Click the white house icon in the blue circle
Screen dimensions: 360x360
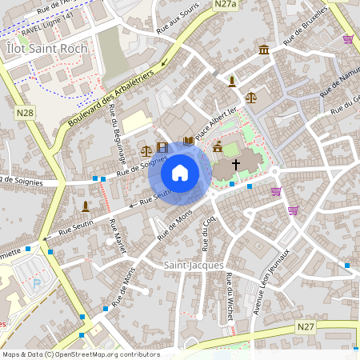[x=180, y=173]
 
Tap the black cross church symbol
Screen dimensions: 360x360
[x=235, y=164]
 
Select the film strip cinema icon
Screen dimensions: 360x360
[x=163, y=147]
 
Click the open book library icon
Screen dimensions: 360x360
[x=189, y=141]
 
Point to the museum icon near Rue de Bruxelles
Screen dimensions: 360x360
[x=263, y=51]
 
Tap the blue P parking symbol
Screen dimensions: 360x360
[x=35, y=284]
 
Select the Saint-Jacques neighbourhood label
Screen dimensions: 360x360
[x=194, y=265]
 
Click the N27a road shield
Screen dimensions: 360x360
[x=225, y=5]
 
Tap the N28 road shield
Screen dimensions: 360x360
[x=24, y=114]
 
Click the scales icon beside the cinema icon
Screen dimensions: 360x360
[x=146, y=149]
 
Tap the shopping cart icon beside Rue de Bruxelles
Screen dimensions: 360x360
[x=348, y=38]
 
